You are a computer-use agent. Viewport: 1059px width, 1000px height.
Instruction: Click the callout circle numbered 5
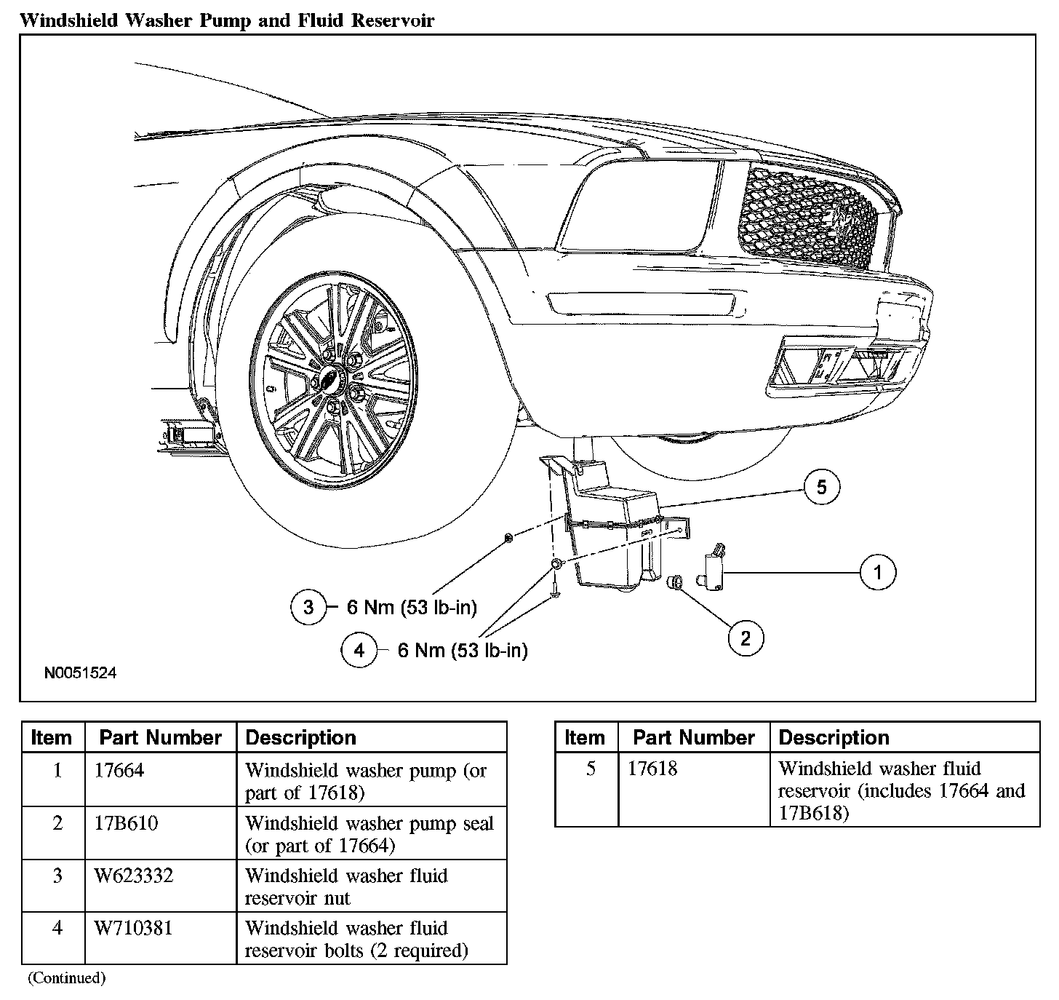[x=822, y=487]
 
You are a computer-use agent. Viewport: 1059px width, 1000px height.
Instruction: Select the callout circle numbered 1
[x=877, y=572]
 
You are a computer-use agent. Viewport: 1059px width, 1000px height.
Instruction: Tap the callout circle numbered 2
[x=746, y=638]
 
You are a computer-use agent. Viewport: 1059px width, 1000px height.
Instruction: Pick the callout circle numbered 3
[x=308, y=607]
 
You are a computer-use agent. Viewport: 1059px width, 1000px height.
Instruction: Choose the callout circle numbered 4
[x=359, y=650]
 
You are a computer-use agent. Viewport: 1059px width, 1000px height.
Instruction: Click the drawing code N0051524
[x=80, y=673]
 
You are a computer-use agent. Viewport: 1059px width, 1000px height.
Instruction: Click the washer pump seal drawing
[x=675, y=581]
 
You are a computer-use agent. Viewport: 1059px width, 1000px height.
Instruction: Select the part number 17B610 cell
[x=126, y=823]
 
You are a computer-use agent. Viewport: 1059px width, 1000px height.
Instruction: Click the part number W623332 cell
[x=134, y=876]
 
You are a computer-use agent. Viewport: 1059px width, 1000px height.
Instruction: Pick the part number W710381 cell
[x=134, y=928]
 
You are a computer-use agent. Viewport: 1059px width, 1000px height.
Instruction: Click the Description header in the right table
[x=834, y=738]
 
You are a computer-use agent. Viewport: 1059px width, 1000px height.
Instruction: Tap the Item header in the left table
[x=52, y=738]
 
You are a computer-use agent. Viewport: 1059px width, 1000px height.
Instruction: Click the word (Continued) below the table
[x=67, y=978]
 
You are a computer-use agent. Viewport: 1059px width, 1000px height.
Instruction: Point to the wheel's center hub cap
[x=332, y=378]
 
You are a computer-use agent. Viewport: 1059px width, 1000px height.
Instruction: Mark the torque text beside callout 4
[x=463, y=650]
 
